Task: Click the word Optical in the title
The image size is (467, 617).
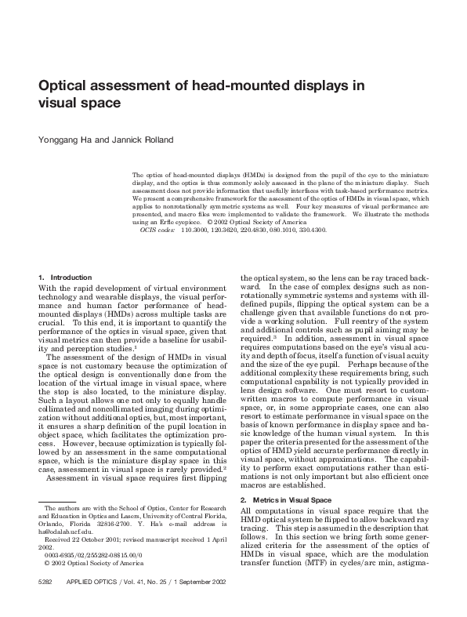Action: (67, 86)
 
